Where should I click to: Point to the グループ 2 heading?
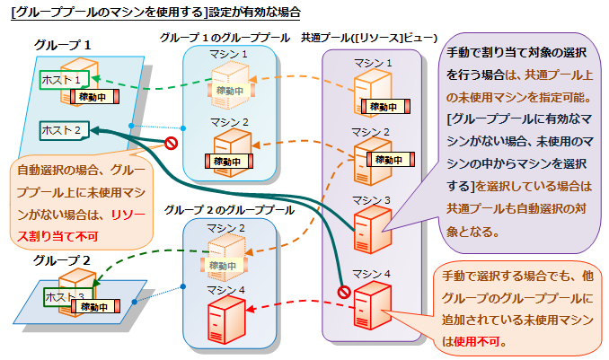coord(61,261)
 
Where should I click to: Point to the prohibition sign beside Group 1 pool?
coord(171,143)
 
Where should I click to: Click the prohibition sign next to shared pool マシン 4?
coord(343,291)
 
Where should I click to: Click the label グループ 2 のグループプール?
coord(229,209)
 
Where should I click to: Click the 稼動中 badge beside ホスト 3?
coord(105,308)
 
